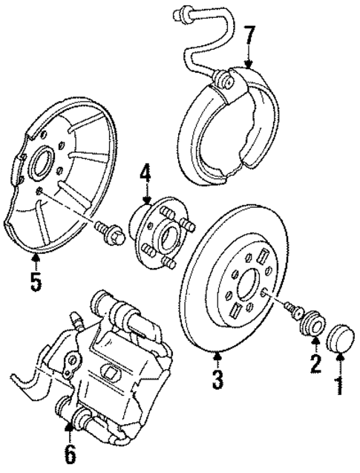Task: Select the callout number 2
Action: coord(315,365)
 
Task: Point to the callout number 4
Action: coord(145,176)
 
